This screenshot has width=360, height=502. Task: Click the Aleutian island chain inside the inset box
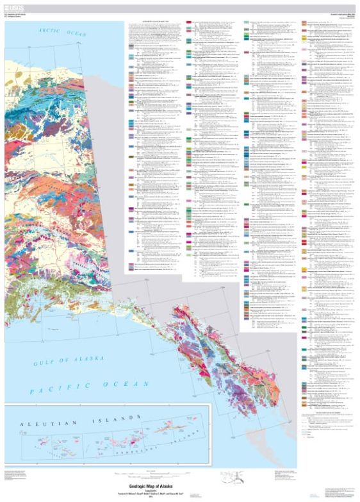click(115, 439)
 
